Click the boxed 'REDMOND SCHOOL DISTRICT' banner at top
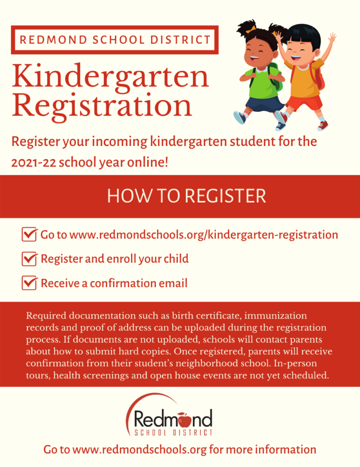coord(115,40)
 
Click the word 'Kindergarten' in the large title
coord(110,76)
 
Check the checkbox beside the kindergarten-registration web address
coord(29,235)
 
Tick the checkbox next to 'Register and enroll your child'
coord(29,259)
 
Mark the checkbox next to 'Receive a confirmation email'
coord(29,283)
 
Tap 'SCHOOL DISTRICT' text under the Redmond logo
coord(174,432)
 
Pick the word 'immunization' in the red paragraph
coord(278,316)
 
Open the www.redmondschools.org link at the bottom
coord(140,450)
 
